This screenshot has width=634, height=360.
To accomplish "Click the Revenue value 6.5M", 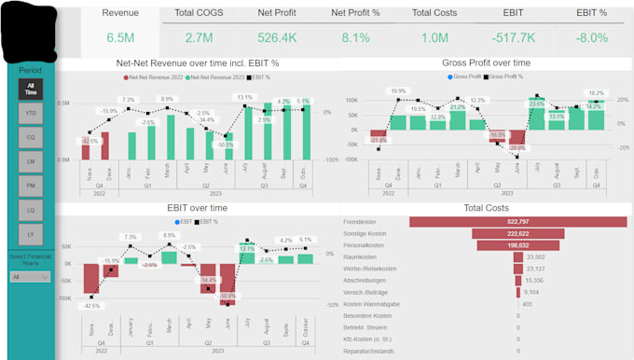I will pyautogui.click(x=120, y=37).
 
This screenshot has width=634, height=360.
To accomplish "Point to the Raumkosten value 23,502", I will pyautogui.click(x=535, y=256).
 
